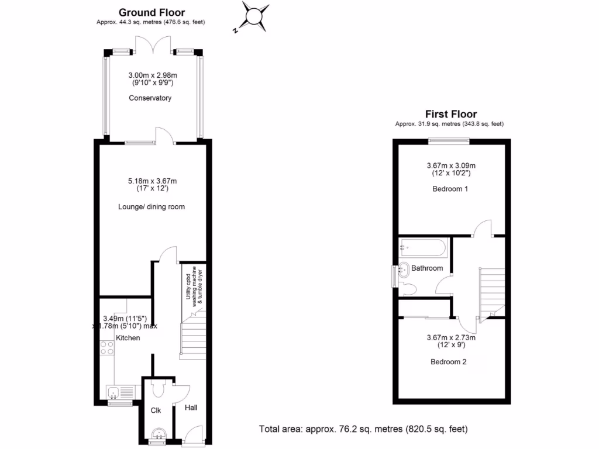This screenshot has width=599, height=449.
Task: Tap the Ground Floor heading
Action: pyautogui.click(x=152, y=12)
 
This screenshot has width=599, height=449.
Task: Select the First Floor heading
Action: pyautogui.click(x=450, y=115)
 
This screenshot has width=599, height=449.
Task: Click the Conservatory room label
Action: pyautogui.click(x=150, y=98)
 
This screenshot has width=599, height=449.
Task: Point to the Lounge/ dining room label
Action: pyautogui.click(x=152, y=207)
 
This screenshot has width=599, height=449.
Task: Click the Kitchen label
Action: pyautogui.click(x=128, y=338)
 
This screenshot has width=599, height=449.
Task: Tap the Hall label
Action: pyautogui.click(x=191, y=407)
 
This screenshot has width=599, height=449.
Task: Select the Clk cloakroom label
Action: pyautogui.click(x=156, y=411)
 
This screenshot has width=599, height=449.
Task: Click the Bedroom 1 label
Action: pyautogui.click(x=450, y=189)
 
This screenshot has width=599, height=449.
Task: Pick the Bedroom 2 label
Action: pyautogui.click(x=449, y=362)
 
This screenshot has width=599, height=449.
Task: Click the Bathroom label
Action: pyautogui.click(x=426, y=268)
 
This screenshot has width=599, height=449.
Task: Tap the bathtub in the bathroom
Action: pyautogui.click(x=422, y=248)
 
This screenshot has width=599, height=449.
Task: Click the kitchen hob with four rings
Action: pyautogui.click(x=107, y=348)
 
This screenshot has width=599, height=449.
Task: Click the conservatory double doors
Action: pyautogui.click(x=153, y=44)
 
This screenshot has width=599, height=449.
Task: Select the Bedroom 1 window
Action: pyautogui.click(x=448, y=140)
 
